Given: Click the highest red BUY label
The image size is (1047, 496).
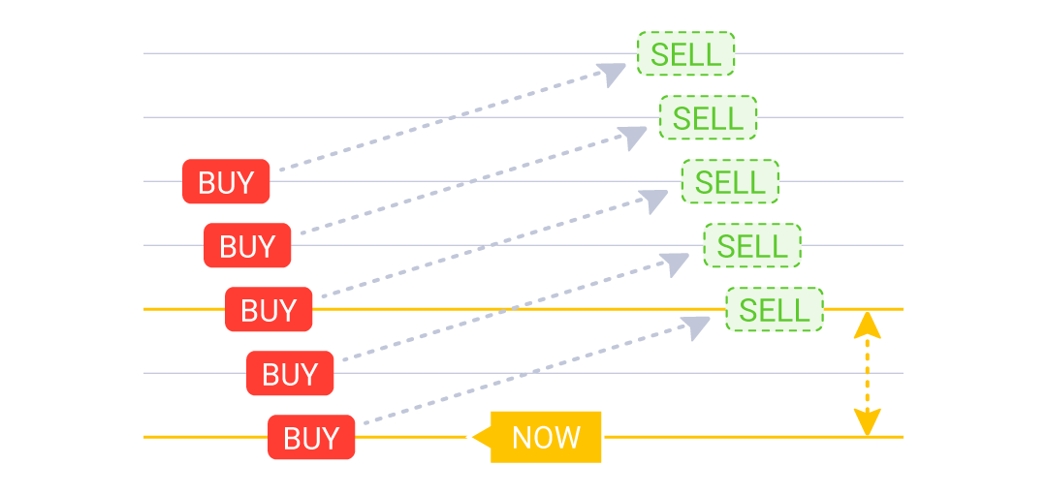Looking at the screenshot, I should click(x=226, y=182).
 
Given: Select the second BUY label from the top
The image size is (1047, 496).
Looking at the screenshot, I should click(x=247, y=246).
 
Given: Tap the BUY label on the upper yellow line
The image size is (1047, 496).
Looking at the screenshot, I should click(x=269, y=310).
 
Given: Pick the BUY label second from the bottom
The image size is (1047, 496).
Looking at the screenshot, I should click(x=290, y=374).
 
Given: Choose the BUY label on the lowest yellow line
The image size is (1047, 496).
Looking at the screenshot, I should click(x=311, y=438).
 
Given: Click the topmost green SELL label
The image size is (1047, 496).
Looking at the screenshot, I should click(x=685, y=54).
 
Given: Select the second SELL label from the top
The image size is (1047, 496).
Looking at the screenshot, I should click(x=708, y=118).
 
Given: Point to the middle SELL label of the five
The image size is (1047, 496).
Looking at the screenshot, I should click(x=730, y=182).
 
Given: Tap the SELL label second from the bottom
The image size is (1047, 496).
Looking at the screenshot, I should click(x=752, y=246).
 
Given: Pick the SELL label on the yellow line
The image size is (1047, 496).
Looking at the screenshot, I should click(x=774, y=310).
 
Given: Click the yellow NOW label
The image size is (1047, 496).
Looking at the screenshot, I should click(x=546, y=438).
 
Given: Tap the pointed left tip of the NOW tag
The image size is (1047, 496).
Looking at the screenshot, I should click(x=470, y=438).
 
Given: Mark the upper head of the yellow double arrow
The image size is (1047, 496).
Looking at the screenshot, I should click(x=867, y=324).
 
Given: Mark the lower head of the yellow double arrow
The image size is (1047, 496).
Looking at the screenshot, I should click(x=867, y=423).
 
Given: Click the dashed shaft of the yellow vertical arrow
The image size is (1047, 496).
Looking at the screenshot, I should click(x=867, y=373).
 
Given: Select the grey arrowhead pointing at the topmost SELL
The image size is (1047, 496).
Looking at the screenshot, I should click(x=613, y=74).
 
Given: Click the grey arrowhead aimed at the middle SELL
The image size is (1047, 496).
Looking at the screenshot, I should click(x=655, y=201).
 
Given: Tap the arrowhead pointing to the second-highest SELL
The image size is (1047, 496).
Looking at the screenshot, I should click(x=634, y=137).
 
